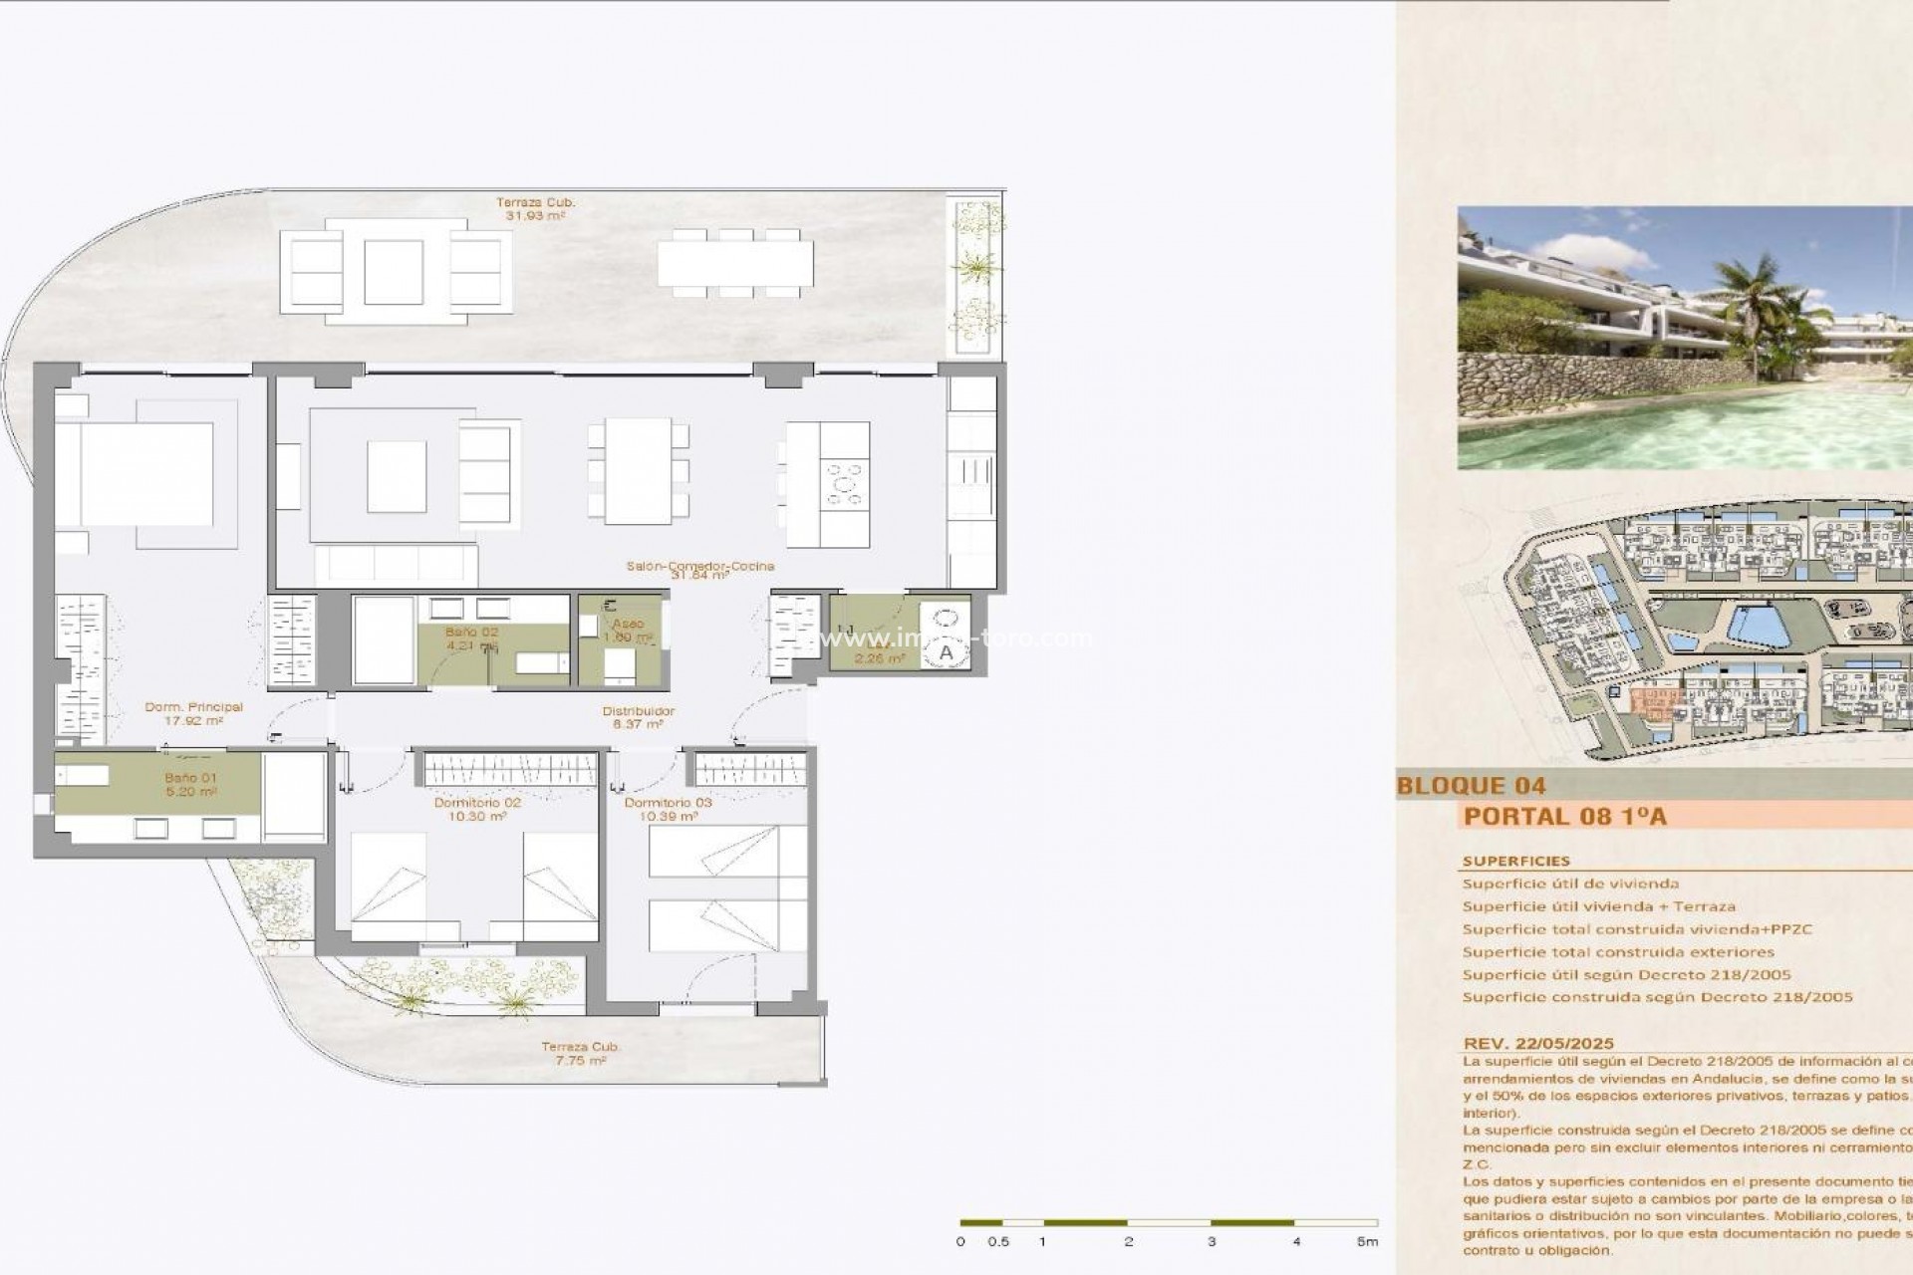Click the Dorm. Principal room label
pyautogui.click(x=193, y=707)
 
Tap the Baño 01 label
pyautogui.click(x=190, y=778)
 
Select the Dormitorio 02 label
pyautogui.click(x=477, y=803)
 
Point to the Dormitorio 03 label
pyautogui.click(x=668, y=803)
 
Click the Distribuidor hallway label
pyautogui.click(x=638, y=711)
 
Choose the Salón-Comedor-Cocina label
pyautogui.click(x=700, y=566)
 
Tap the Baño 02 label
pyautogui.click(x=471, y=632)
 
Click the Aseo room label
pyautogui.click(x=628, y=625)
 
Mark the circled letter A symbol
pyautogui.click(x=946, y=652)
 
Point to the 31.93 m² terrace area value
pyautogui.click(x=536, y=215)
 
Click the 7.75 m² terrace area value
pyautogui.click(x=581, y=1061)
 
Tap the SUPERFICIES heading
pyautogui.click(x=1515, y=861)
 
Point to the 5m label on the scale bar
pyautogui.click(x=1367, y=1241)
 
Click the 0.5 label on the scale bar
pyautogui.click(x=998, y=1241)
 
